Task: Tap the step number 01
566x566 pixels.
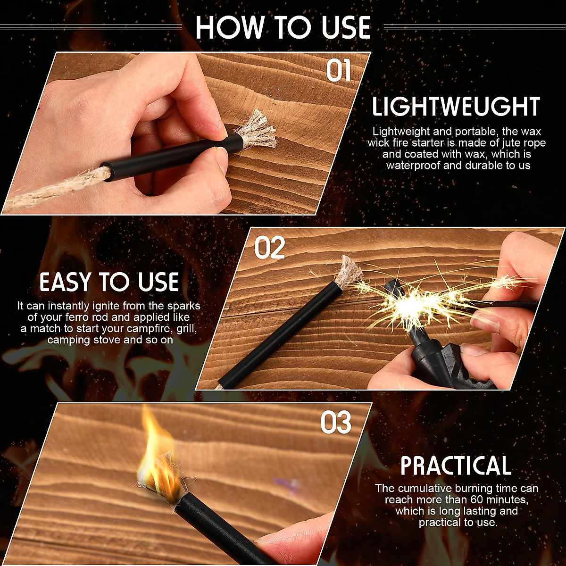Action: point(339,71)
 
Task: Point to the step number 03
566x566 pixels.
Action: point(336,423)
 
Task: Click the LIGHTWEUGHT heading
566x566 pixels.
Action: point(456,107)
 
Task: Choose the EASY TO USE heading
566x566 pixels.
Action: point(109,283)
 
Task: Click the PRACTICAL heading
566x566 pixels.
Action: point(456,466)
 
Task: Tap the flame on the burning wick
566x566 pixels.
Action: point(158,453)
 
